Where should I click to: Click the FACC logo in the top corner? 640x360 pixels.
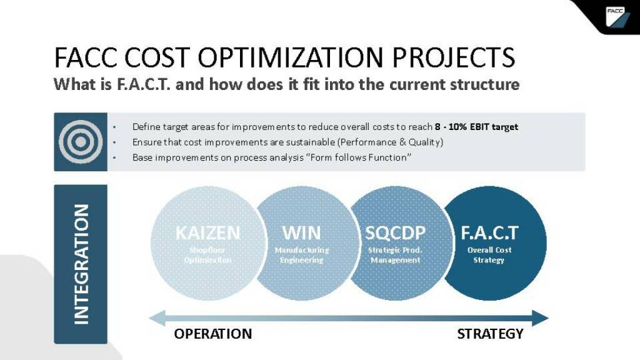click(x=617, y=17)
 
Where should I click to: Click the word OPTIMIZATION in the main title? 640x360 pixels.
click(x=290, y=57)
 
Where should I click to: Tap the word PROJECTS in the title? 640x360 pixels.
click(x=453, y=57)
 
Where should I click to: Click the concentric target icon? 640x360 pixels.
click(x=81, y=142)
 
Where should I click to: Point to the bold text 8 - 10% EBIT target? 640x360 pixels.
click(x=476, y=127)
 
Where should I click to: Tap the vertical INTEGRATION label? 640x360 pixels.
click(x=81, y=264)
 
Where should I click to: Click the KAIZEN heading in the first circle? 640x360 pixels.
click(x=207, y=233)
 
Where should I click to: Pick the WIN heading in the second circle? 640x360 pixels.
click(x=302, y=233)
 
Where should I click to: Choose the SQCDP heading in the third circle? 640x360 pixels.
click(x=395, y=233)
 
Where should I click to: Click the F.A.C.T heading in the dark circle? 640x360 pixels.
click(x=489, y=233)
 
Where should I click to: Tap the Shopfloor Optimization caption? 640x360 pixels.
click(x=207, y=255)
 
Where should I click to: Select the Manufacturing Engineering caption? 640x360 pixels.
click(x=302, y=255)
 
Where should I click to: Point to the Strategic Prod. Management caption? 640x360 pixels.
click(x=395, y=255)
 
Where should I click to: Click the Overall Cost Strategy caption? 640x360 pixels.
click(x=489, y=255)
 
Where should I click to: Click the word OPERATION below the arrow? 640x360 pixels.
click(x=213, y=334)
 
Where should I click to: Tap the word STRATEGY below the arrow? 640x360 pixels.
click(x=490, y=334)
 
